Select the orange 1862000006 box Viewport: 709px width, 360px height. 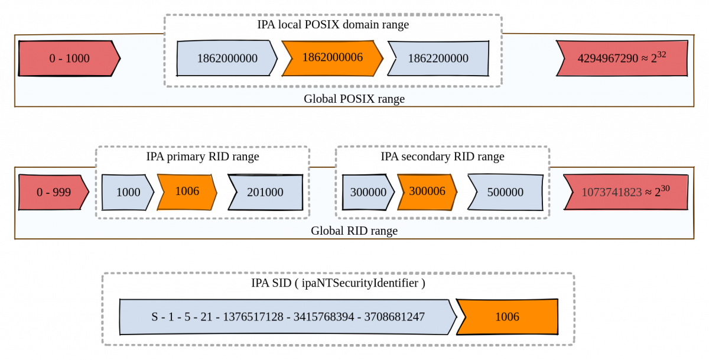332,58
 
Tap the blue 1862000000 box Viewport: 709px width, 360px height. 227,58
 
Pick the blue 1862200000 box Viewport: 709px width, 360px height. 438,58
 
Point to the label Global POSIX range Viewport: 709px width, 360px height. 354,99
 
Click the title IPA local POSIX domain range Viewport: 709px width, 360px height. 333,25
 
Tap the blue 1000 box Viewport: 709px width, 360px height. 128,192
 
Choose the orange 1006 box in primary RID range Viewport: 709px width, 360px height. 187,192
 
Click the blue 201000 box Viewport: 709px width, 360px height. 265,192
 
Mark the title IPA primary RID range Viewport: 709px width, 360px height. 202,157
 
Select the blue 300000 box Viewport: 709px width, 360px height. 367,192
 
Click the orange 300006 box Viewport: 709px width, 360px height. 427,192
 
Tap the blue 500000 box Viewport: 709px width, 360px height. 505,192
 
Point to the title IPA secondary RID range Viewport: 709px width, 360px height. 442,157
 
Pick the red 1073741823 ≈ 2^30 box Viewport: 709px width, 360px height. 625,192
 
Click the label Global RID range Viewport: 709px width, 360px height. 354,231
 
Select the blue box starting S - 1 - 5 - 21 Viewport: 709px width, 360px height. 288,317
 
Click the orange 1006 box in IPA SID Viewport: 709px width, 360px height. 507,317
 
